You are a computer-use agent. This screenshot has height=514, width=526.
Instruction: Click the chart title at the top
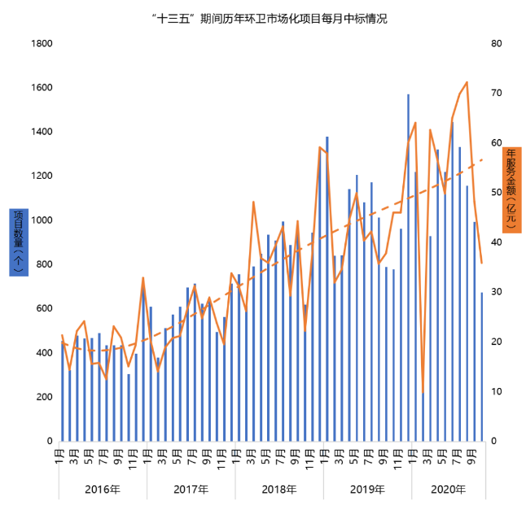click(262, 18)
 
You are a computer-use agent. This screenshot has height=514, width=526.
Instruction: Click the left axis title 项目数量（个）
click(19, 242)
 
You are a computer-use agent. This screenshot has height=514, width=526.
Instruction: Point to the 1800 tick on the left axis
click(42, 44)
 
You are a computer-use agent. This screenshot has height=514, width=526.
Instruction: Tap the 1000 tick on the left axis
click(42, 220)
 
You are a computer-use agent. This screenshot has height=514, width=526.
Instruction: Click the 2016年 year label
click(103, 490)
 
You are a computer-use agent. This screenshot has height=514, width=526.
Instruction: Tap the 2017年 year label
click(191, 490)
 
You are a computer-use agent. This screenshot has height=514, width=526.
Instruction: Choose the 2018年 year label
click(278, 490)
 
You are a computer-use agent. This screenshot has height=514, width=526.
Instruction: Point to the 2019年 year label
click(366, 490)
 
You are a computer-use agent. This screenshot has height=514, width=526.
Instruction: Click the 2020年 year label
click(448, 490)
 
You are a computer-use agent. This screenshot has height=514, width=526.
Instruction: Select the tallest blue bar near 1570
click(408, 268)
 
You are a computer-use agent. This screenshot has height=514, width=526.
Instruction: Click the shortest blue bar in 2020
click(423, 417)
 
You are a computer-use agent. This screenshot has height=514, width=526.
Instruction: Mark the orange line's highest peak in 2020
click(467, 82)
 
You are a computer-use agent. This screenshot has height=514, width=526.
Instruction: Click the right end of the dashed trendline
click(483, 159)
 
